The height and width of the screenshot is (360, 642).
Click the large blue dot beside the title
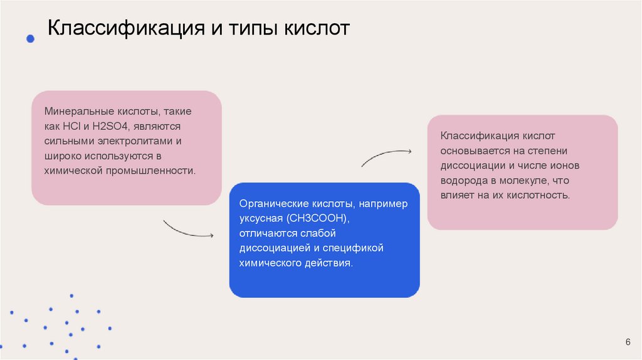point(29,39)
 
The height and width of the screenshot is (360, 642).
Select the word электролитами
point(134,140)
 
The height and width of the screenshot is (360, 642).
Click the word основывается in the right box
point(471,151)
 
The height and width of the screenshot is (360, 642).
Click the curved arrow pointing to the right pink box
point(386,156)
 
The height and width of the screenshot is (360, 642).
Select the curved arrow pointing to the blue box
point(188,229)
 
